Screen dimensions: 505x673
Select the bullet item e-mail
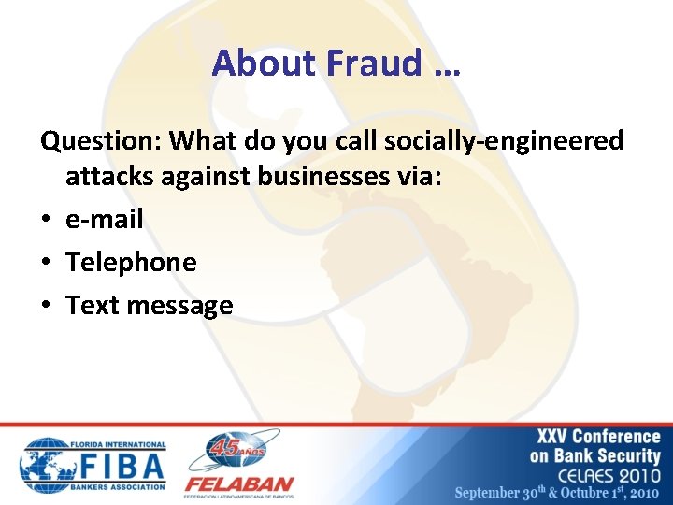click(105, 220)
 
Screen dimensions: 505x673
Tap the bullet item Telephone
click(131, 263)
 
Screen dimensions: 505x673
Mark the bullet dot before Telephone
click(47, 264)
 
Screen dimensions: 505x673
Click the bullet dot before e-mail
click(47, 221)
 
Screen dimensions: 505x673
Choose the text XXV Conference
click(598, 437)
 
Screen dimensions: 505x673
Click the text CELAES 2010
click(608, 474)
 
